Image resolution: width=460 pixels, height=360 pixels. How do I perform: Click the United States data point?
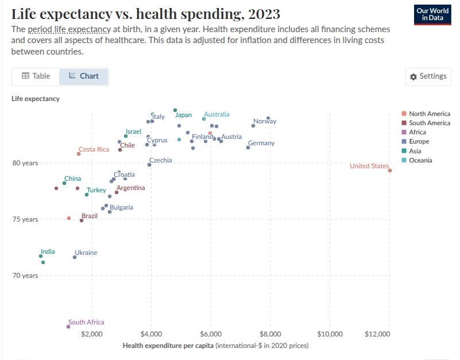coord(390,171)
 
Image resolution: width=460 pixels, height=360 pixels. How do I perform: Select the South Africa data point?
coord(68,327)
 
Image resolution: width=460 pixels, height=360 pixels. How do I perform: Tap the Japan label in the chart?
coord(183,115)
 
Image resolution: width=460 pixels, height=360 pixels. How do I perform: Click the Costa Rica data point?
coord(79,154)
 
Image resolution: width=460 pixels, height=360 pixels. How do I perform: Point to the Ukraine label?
coord(86,253)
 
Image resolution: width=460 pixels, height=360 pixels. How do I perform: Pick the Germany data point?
coord(248,148)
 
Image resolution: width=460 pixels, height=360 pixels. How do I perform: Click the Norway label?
coord(265,121)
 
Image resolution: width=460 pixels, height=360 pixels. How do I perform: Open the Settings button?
coord(428,76)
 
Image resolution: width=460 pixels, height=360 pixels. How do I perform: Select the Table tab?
coord(36,76)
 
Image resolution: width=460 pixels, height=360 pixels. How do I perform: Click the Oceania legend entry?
coord(420,160)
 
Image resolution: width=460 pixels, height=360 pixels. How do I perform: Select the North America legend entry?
coord(429,114)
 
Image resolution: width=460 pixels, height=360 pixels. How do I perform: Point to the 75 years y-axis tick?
coord(25,219)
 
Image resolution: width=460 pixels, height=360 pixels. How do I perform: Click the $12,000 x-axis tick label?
coord(388,334)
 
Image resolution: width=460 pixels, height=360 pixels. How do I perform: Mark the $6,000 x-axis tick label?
coord(211,334)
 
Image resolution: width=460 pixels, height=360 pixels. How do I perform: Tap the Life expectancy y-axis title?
coord(35,99)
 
